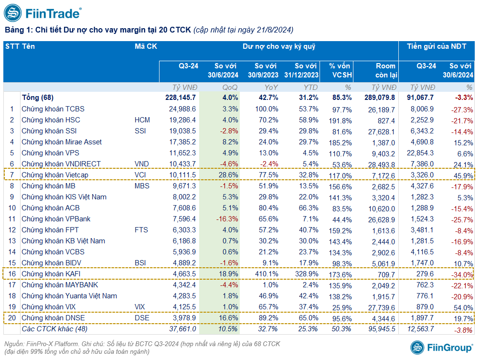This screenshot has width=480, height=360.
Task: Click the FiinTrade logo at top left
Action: point(43,13)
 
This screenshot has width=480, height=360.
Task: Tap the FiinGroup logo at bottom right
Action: point(442,348)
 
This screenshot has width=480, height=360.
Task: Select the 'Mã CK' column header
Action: point(146,46)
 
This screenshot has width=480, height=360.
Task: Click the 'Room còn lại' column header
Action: point(386,70)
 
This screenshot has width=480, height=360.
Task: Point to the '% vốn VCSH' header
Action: point(340,70)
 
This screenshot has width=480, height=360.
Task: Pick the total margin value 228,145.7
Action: point(181,98)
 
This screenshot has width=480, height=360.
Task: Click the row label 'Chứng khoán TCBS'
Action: point(53,109)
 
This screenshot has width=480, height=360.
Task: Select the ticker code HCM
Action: point(142,120)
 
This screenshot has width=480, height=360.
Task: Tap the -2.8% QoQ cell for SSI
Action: point(229,131)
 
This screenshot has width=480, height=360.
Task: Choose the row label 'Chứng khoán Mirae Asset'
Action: point(62,142)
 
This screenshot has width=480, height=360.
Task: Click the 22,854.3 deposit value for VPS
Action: point(420,153)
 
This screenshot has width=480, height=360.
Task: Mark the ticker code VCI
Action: point(140,175)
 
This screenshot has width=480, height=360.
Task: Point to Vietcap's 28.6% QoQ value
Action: point(228,175)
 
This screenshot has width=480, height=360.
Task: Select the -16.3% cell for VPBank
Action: point(227,219)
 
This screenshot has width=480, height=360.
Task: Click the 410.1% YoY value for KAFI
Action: point(267,274)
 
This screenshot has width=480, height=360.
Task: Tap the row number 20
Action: point(12,318)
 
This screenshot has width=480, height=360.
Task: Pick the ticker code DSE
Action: point(142,318)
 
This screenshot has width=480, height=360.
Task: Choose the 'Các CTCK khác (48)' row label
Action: point(54,329)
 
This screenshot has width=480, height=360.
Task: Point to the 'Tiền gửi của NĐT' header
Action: point(437,46)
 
